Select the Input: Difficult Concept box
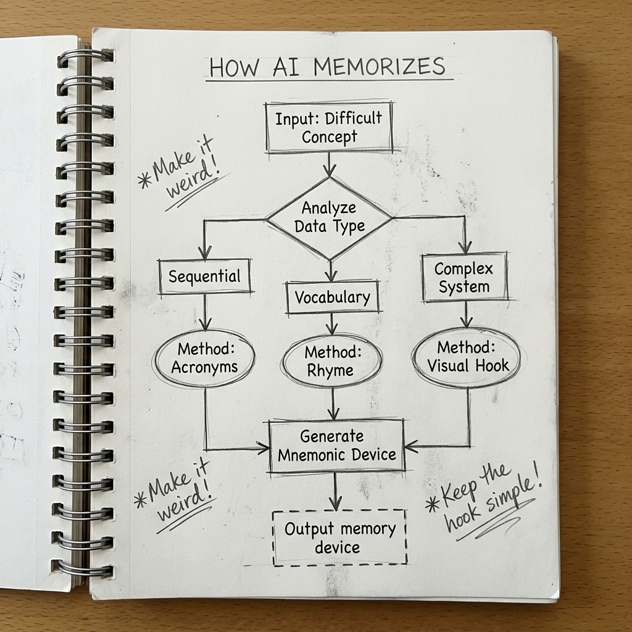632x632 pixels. coord(329,127)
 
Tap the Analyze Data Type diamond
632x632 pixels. coord(329,217)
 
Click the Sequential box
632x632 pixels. coord(204,276)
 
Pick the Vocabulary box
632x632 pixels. coord(332,297)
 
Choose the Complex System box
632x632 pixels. coord(464,278)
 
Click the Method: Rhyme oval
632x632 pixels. coord(331,362)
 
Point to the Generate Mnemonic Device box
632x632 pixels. coord(337,446)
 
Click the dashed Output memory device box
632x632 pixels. coord(339,538)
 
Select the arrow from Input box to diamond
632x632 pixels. coord(330,164)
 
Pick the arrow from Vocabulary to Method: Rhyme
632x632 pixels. coord(332,323)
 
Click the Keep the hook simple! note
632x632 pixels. coord(486,502)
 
